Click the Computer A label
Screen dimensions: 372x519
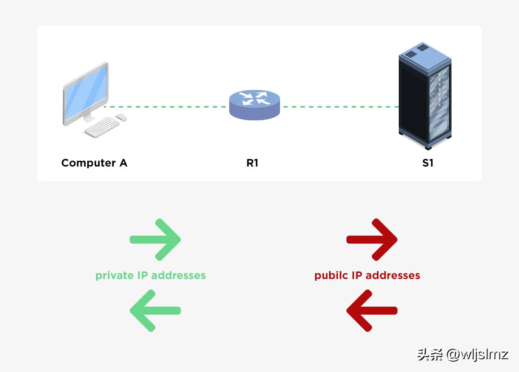[x=94, y=163]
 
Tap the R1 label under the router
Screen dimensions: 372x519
[x=252, y=163]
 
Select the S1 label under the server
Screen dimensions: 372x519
[x=427, y=163]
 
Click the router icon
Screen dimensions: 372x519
[x=254, y=104]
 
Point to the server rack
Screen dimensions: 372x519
[x=424, y=97]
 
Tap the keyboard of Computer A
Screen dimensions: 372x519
[x=101, y=128]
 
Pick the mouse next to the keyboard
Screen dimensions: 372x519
[x=121, y=117]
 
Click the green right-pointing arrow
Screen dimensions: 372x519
[x=155, y=240]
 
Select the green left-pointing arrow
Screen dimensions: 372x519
[x=155, y=311]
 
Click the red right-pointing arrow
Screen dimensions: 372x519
[x=372, y=240]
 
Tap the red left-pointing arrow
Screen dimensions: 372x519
[x=372, y=311]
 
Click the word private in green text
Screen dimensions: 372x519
[x=114, y=276]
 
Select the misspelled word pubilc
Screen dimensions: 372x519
[x=331, y=276]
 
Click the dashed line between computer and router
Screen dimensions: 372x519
[x=167, y=106]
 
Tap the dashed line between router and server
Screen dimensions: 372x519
[x=340, y=106]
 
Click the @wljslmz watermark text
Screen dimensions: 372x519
[x=477, y=355]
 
